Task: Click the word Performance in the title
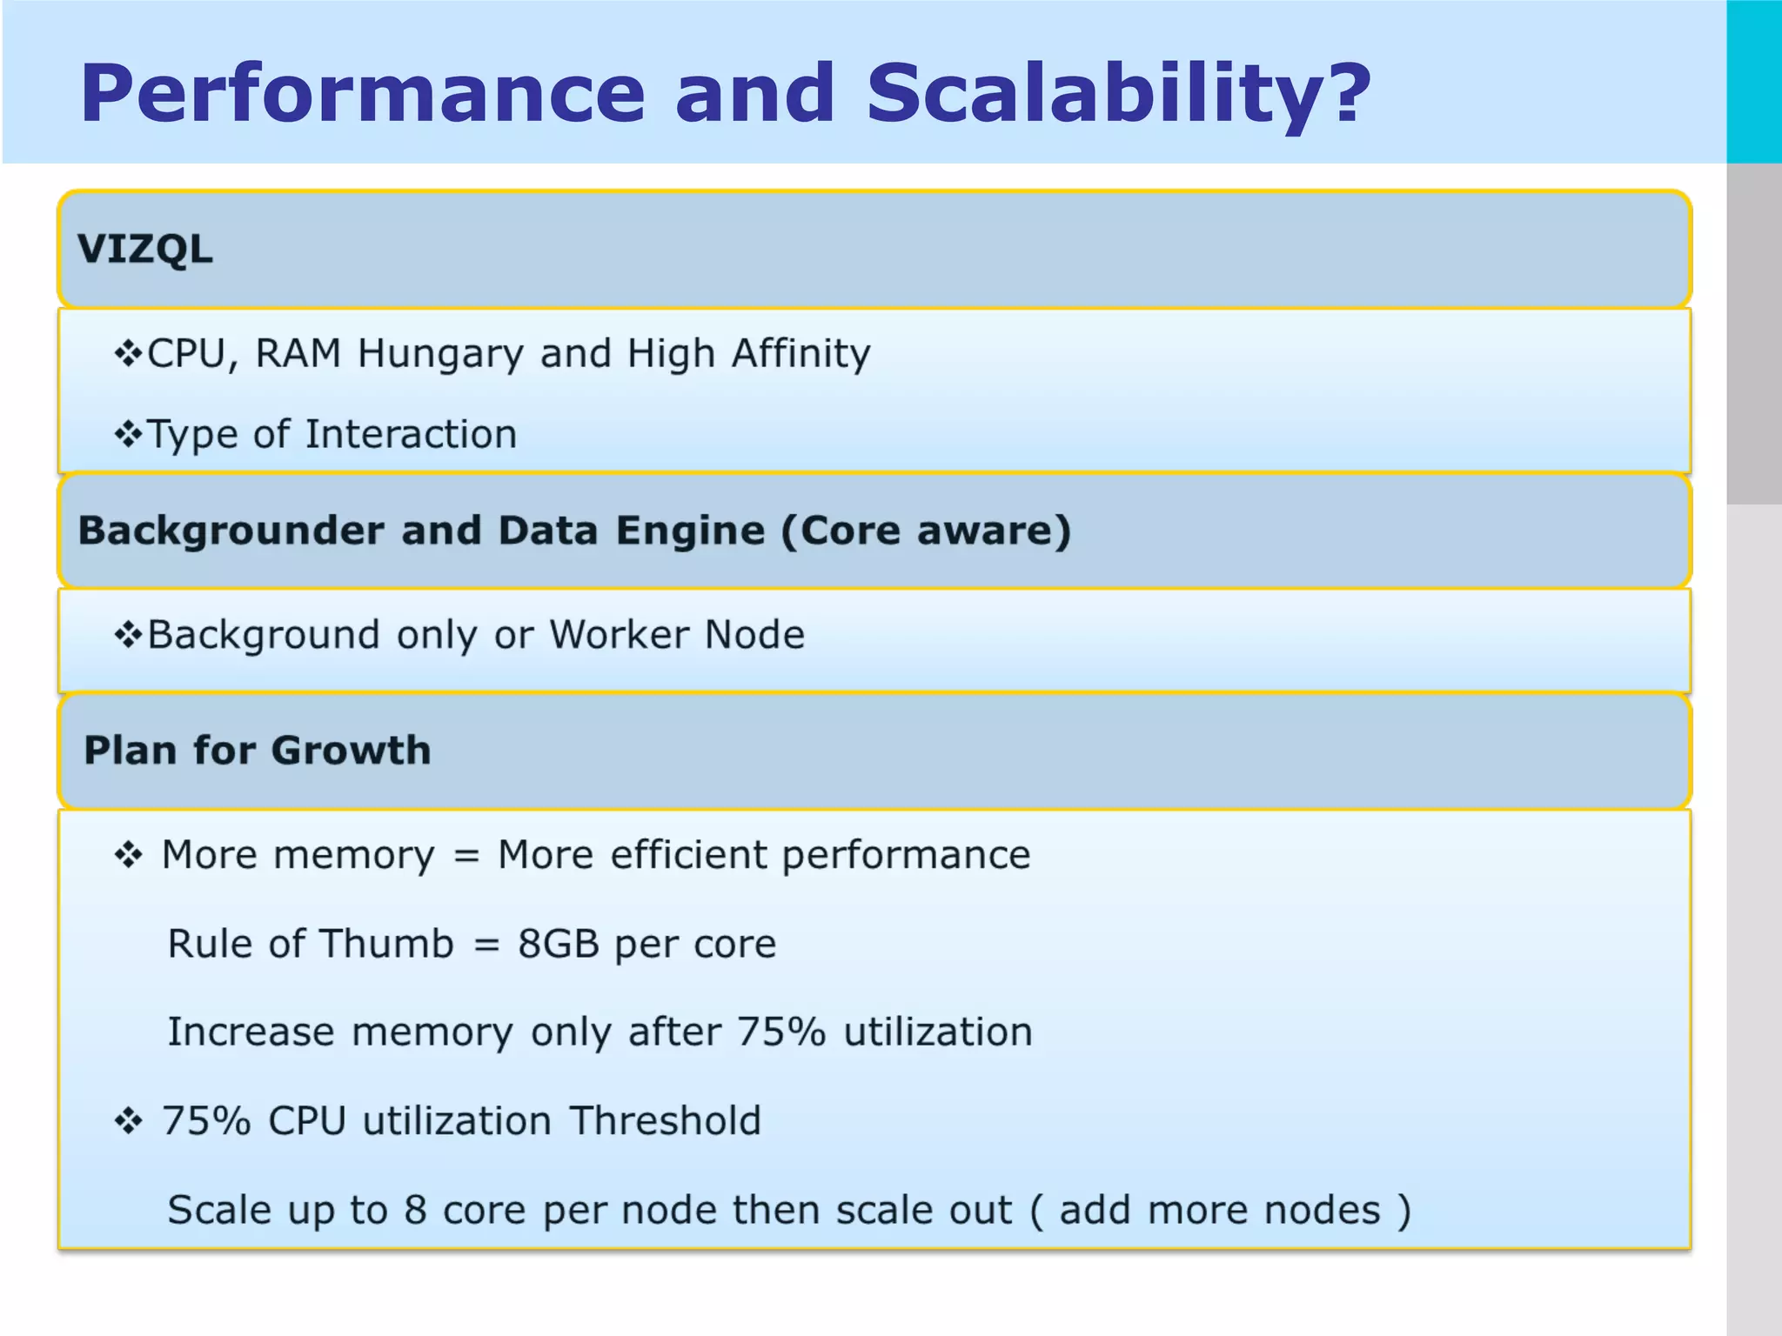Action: (362, 94)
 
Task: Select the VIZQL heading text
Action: (145, 250)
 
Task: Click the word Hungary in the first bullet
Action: (440, 355)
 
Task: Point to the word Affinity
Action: (801, 353)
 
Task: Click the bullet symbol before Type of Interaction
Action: (129, 434)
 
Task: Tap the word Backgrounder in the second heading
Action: (231, 531)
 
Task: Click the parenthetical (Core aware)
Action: (926, 531)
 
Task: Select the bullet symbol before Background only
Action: (129, 635)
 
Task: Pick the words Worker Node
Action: (677, 635)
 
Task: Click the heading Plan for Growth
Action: (258, 751)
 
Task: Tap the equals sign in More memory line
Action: (466, 856)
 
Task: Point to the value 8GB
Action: (559, 944)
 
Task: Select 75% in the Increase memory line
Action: (780, 1032)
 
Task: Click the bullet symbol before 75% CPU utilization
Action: (129, 1121)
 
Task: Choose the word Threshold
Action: (666, 1121)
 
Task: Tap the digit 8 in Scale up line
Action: (415, 1211)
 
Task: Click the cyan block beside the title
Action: (1754, 82)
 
